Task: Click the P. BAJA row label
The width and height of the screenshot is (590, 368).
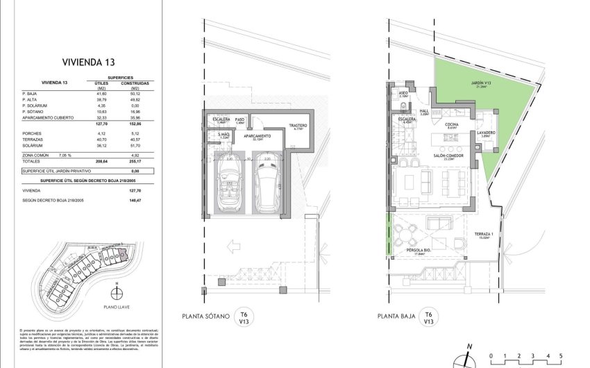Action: (x=30, y=93)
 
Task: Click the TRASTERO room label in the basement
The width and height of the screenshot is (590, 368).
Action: (x=298, y=126)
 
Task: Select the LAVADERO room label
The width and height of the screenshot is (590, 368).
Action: (x=486, y=133)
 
